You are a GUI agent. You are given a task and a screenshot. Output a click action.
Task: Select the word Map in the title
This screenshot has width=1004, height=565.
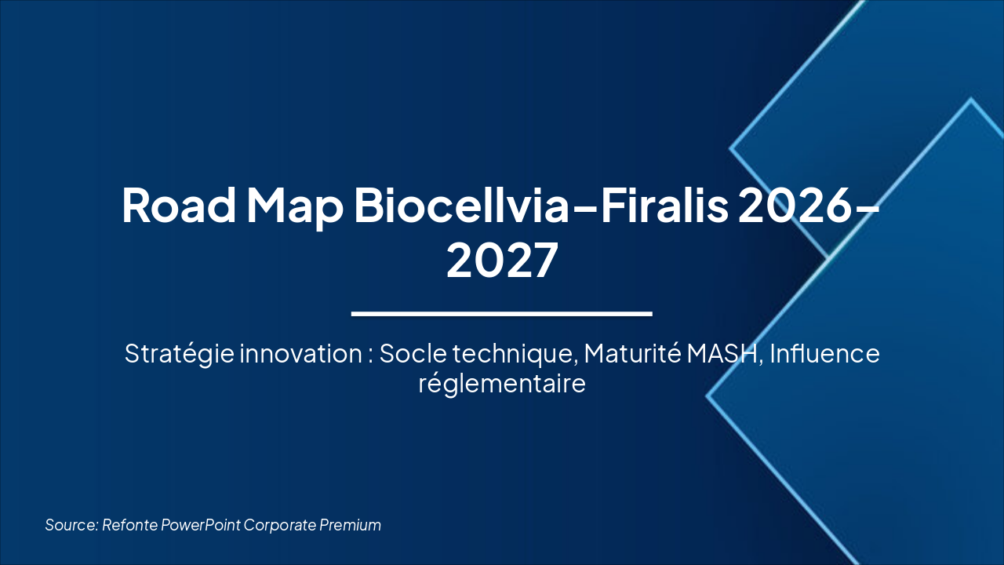point(294,206)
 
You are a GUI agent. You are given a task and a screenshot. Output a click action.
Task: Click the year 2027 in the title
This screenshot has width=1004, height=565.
point(502,261)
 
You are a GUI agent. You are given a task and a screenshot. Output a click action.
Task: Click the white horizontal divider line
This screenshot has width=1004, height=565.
point(502,314)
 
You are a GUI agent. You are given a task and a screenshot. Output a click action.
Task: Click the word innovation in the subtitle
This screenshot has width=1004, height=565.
point(300,354)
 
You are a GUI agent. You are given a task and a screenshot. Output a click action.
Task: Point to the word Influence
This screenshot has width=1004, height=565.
point(824,354)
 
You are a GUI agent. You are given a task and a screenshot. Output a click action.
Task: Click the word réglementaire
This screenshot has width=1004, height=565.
point(502,385)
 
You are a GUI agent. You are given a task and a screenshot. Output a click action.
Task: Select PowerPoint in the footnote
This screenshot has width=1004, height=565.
point(201,525)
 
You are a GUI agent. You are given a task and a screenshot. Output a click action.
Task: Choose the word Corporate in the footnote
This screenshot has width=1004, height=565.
point(279,525)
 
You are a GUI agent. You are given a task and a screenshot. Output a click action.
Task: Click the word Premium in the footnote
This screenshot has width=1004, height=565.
point(350,525)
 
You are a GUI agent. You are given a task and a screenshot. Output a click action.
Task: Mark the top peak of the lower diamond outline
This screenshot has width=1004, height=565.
point(971,100)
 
